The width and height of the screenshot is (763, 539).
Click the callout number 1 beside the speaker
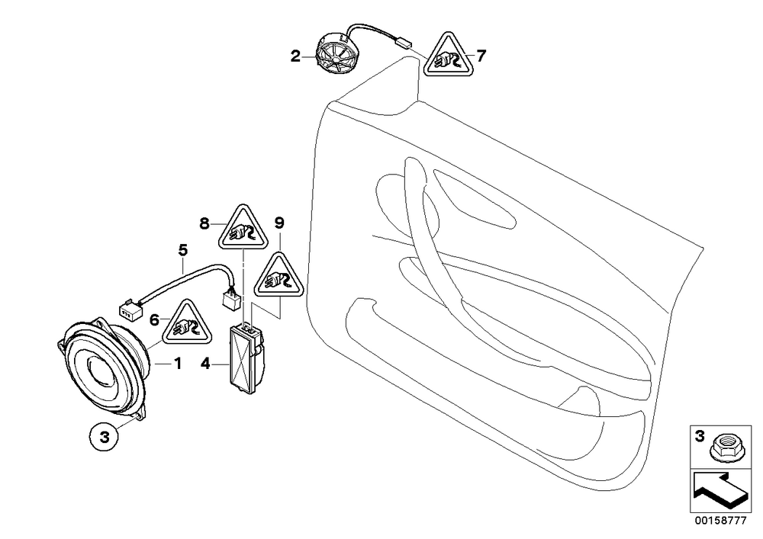tap(178, 363)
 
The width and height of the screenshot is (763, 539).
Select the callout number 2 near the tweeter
tap(295, 57)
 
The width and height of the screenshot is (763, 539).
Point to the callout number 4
tap(205, 364)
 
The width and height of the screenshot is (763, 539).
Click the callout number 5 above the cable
tap(182, 250)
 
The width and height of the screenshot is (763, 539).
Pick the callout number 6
tap(154, 319)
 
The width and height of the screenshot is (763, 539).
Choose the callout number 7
tap(481, 56)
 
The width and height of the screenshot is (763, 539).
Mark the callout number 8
tap(204, 223)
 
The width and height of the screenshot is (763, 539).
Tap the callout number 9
tap(278, 223)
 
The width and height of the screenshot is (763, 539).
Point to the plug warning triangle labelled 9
tap(278, 277)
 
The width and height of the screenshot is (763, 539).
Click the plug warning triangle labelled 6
tap(188, 325)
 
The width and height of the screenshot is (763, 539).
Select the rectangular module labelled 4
tap(246, 358)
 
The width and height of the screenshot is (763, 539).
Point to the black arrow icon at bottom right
tap(720, 491)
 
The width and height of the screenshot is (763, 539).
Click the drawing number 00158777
tap(720, 521)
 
